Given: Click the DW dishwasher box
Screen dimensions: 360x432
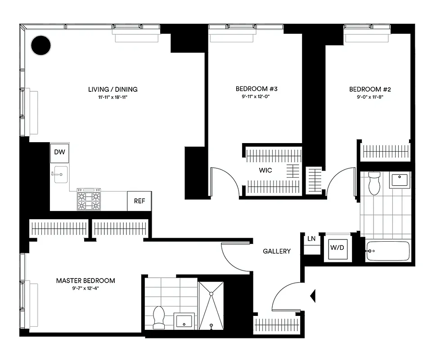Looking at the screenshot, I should (x=60, y=153).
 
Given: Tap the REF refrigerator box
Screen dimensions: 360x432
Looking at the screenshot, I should (x=139, y=201).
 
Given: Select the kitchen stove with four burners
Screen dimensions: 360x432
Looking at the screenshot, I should (x=89, y=199).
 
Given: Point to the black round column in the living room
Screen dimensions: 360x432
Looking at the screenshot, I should (x=41, y=45).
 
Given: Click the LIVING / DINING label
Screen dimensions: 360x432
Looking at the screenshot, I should (x=112, y=89).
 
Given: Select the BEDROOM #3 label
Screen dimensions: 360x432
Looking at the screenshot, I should (x=253, y=89).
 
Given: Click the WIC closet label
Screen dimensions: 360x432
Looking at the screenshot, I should (x=265, y=171).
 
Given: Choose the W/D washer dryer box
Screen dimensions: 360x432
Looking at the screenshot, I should (x=337, y=247).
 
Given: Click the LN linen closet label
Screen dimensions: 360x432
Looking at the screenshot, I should (x=311, y=239).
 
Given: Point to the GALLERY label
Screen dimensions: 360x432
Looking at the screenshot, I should (x=277, y=251).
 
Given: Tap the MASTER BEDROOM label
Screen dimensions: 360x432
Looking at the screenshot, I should (x=85, y=280).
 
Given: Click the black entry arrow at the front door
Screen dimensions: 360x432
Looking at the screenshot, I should (x=313, y=296).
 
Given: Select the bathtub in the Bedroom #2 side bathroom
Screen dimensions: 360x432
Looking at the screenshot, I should (x=388, y=251).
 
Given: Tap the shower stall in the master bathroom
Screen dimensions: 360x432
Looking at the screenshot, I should (x=211, y=306).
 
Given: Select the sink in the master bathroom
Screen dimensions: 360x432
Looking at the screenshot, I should (x=184, y=321).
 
